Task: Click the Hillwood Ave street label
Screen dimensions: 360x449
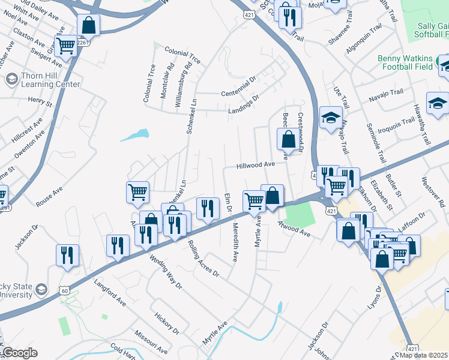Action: coord(255,164)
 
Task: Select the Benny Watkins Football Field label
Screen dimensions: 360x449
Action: coord(405,62)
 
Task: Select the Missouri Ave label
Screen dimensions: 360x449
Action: coord(150,341)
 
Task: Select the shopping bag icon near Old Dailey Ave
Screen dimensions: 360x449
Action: coord(89,25)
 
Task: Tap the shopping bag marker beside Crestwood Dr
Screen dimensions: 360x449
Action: coord(289,138)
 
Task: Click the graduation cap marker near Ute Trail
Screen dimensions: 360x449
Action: coord(330,118)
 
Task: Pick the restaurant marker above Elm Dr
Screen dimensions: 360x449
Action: coord(208,208)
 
